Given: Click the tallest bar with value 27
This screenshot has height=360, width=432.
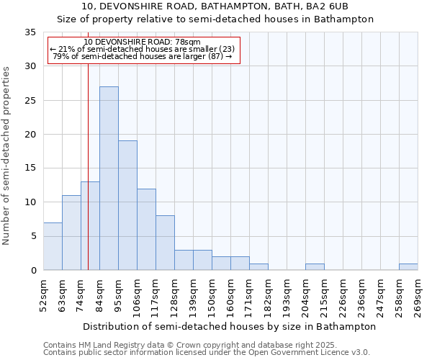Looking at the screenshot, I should point(109,178).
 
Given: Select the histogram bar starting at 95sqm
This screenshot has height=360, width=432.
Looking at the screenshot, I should point(127,205).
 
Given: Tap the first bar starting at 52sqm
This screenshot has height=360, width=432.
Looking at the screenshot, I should point(53,246).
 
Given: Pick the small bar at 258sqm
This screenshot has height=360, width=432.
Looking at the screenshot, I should point(408,266).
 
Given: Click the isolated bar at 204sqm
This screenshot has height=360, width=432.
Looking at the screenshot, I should point(315,266).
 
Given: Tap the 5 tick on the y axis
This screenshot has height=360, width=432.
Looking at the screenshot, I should point(33,237).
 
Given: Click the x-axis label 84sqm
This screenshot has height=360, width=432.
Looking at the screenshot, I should point(100,295).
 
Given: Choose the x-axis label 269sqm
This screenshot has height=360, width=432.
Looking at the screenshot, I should point(418,295).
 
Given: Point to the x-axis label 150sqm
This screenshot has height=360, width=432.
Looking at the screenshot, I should point(212,295).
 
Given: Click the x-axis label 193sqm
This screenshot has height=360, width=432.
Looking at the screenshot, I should point(287,295).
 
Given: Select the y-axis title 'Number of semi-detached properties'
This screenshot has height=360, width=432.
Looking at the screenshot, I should point(6,156).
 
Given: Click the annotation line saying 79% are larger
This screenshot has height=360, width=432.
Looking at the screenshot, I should point(143,57).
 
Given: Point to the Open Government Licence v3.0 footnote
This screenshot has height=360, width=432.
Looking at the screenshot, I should point(207,352).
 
